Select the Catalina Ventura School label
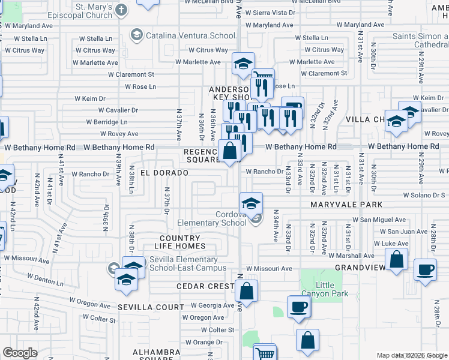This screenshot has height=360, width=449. [x=181, y=35]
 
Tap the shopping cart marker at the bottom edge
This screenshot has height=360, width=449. [x=265, y=353]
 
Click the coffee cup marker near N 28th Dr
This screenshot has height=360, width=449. [x=426, y=269]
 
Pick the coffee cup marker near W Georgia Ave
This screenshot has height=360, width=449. [x=298, y=307]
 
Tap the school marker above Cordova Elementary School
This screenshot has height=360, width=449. [x=252, y=202]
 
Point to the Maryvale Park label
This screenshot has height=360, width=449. [x=346, y=205]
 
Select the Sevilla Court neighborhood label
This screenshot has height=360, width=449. [x=150, y=307]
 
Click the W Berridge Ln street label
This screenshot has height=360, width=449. [x=115, y=122]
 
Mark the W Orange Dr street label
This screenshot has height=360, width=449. [x=200, y=342]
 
